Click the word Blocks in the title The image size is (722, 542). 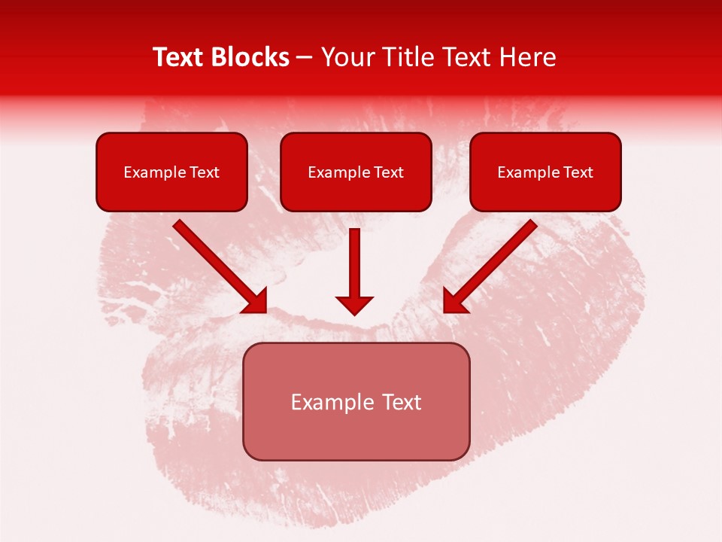tap(251, 57)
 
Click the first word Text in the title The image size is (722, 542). tap(180, 57)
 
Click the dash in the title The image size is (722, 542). tap(305, 58)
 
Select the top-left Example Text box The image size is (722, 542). tap(171, 172)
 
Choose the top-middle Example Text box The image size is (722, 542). tap(356, 172)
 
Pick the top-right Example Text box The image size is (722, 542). tap(545, 172)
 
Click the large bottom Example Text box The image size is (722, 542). tap(356, 401)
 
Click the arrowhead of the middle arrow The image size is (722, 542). tap(354, 304)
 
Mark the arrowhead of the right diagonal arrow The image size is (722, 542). tap(453, 301)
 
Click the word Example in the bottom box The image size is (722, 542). tap(328, 402)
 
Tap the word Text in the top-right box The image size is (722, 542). tap(578, 172)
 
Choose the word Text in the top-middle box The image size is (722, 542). tap(388, 172)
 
